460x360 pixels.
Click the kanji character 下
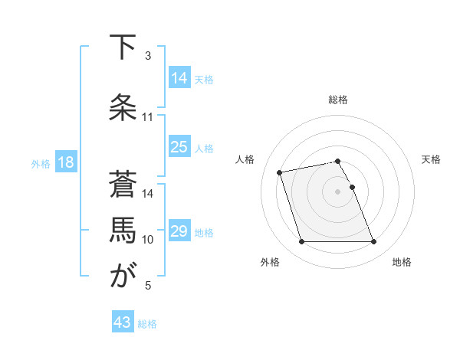click(x=122, y=48)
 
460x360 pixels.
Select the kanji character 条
click(x=122, y=106)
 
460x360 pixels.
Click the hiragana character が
click(x=122, y=276)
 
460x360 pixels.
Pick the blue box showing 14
click(x=179, y=78)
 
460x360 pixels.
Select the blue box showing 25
click(x=179, y=147)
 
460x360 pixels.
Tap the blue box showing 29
click(x=179, y=231)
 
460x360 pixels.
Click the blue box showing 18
click(x=65, y=162)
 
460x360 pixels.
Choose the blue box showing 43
click(x=123, y=323)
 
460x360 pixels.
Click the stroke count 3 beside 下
click(x=148, y=56)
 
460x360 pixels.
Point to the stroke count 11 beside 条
click(x=148, y=117)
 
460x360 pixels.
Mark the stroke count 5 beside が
click(x=148, y=286)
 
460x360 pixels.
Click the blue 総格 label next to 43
click(x=147, y=324)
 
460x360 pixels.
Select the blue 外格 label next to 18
click(x=40, y=163)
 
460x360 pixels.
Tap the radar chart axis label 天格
click(x=431, y=159)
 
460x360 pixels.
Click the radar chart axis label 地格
click(x=402, y=262)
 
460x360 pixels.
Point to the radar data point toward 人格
click(x=280, y=172)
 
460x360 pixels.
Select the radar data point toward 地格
click(x=373, y=242)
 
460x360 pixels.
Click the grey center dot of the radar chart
click(x=337, y=191)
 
